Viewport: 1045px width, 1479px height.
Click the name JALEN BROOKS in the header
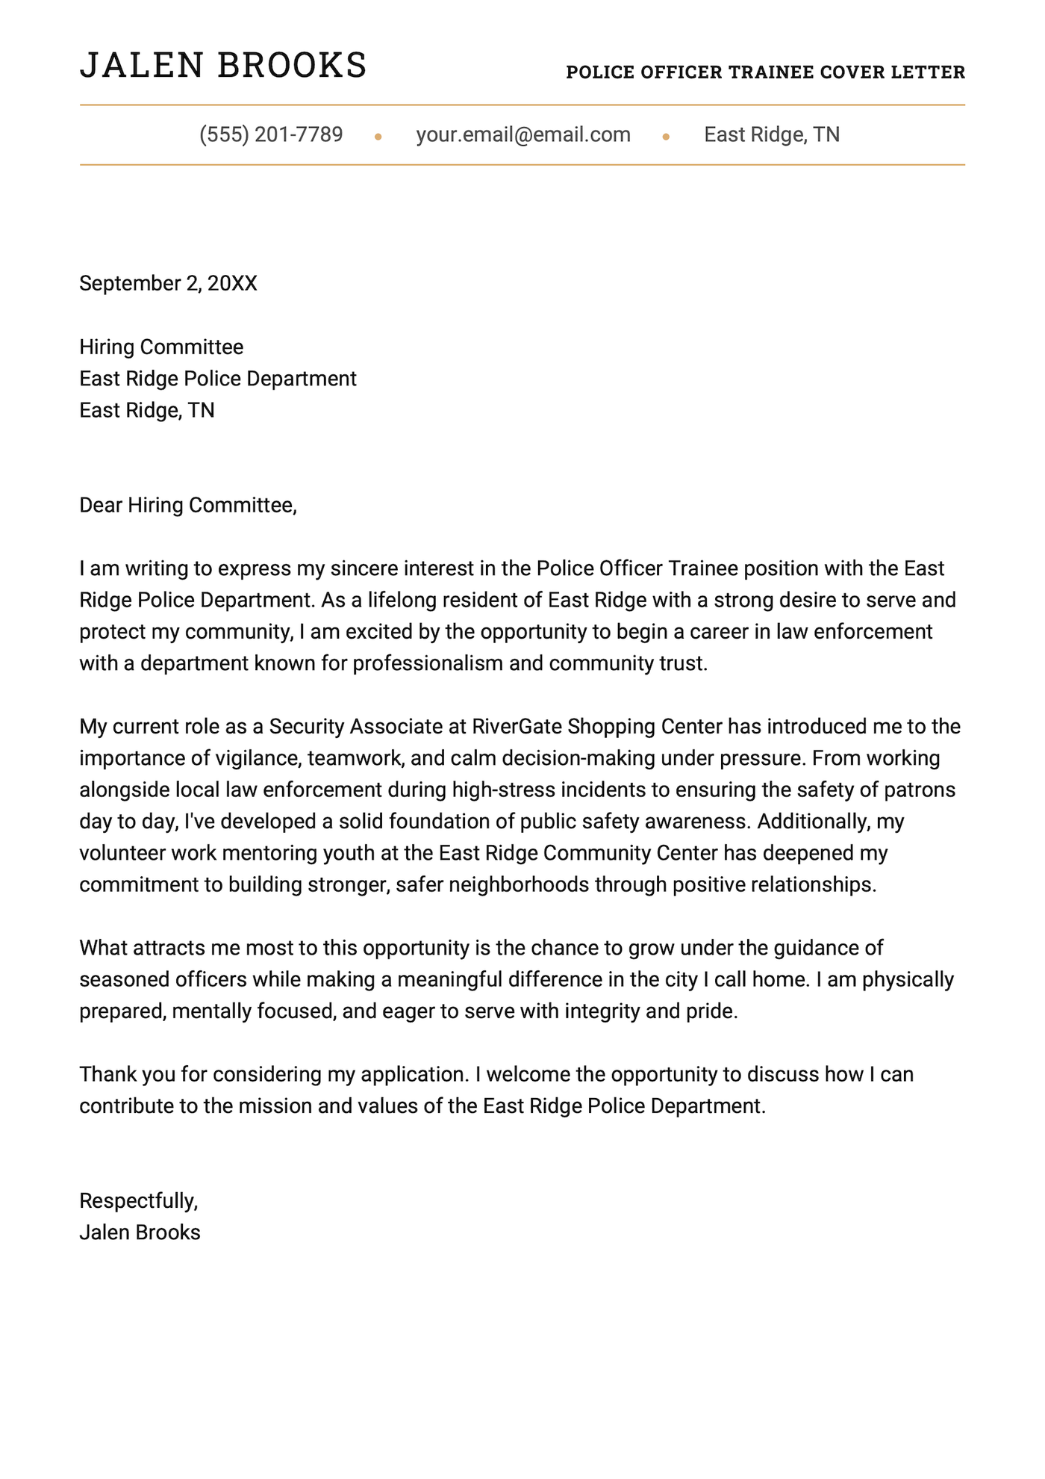223,66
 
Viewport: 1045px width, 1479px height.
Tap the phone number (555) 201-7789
271,134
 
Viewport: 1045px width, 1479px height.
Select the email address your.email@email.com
523,134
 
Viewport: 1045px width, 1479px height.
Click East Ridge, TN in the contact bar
772,134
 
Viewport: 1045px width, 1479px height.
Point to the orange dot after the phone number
378,137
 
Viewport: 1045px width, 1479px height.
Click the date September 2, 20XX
168,283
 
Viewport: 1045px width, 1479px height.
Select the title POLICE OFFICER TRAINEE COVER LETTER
765,72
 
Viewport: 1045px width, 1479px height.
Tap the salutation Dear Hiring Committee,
188,505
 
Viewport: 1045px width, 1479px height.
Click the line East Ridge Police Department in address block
218,379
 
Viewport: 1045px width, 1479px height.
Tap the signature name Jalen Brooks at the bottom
140,1232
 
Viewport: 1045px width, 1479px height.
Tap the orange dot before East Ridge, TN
666,137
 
